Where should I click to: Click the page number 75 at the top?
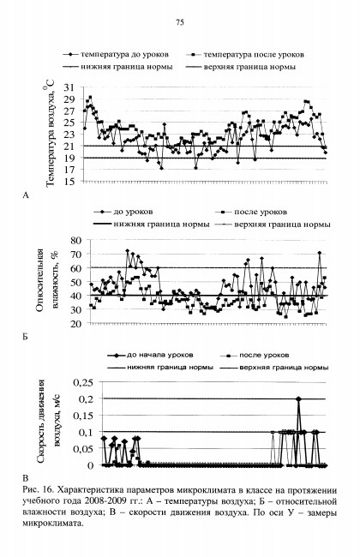coord(180,22)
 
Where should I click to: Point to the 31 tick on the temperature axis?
coord(69,87)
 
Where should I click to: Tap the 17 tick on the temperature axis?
coord(69,170)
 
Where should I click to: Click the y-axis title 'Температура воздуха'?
coord(50,133)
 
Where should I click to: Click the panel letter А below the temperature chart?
coord(25,195)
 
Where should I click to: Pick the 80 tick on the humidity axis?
coord(76,241)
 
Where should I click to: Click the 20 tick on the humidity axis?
coord(76,323)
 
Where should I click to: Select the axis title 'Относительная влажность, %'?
coord(47,280)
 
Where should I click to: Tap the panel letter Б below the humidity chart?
coord(25,337)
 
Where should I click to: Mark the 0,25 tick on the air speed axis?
coord(83,382)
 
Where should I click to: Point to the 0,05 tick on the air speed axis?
coord(83,449)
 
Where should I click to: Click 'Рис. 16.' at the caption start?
coord(38,490)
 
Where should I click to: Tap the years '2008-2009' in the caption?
coord(103,501)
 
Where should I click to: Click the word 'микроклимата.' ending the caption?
coord(53,524)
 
